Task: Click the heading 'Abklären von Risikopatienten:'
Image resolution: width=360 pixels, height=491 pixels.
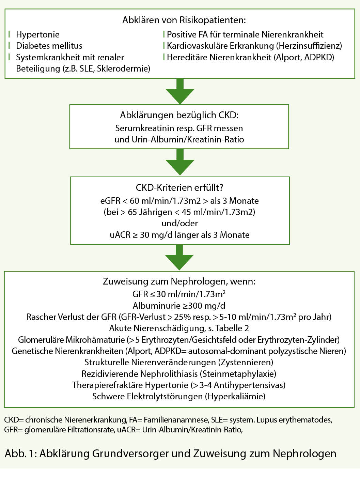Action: click(184, 20)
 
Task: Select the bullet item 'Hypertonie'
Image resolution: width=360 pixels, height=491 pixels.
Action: click(37, 34)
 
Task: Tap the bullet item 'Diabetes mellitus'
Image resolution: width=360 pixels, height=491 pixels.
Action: click(49, 46)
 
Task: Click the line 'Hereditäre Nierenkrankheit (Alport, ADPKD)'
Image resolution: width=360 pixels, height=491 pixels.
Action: click(250, 57)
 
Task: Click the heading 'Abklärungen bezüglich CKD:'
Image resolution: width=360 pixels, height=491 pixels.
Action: click(179, 115)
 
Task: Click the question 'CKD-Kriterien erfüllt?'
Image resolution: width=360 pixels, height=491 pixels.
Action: click(179, 188)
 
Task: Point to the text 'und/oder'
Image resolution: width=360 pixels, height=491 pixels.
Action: click(179, 223)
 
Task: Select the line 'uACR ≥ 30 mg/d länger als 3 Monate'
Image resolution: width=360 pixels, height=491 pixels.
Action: click(179, 235)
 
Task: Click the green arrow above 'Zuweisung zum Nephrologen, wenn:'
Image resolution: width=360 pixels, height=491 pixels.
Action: click(179, 258)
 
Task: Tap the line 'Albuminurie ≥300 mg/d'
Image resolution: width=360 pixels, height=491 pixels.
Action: click(179, 306)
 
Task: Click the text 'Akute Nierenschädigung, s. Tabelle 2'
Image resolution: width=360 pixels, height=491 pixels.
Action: click(179, 328)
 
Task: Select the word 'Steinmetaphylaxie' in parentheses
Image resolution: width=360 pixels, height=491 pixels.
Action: click(238, 374)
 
